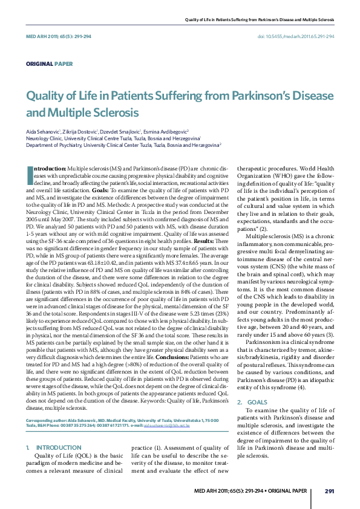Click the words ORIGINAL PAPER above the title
(49, 63)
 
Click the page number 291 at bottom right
(330, 490)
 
